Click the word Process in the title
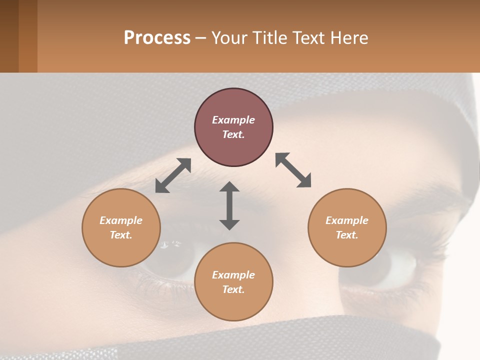click(157, 38)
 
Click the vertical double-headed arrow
click(229, 205)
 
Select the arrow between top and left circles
click(173, 175)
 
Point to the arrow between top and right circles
click(293, 170)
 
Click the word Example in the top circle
click(233, 120)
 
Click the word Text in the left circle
click(121, 235)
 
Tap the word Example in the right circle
click(347, 220)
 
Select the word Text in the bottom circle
click(233, 289)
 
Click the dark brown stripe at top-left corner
click(9, 36)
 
